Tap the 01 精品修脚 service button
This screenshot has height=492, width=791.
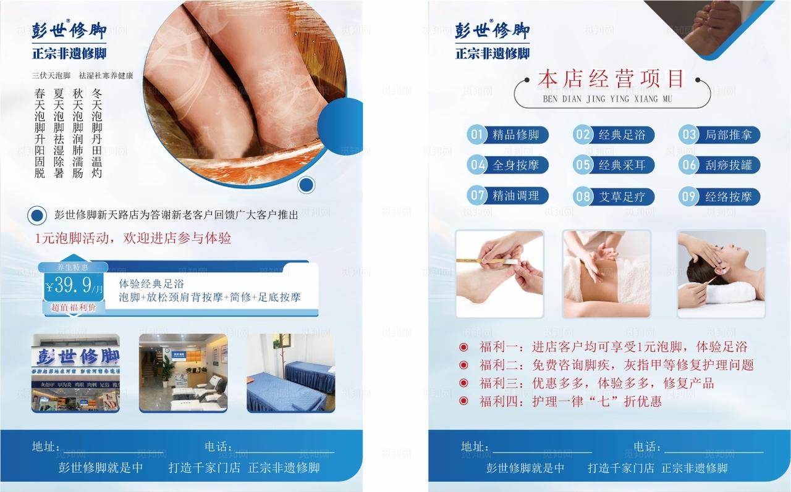507,135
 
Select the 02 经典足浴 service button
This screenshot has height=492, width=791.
614,135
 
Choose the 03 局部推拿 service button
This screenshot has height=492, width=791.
720,135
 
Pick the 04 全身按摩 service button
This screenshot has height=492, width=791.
507,165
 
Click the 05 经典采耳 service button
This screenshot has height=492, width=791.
614,165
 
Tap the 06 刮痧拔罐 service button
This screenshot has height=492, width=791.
720,165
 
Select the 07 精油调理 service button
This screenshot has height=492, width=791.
507,196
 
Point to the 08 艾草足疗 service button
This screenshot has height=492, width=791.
614,197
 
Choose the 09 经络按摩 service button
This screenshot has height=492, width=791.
720,197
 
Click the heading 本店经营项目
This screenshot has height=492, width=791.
611,80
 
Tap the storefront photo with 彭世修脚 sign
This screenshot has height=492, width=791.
76,373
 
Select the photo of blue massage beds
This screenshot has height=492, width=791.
290,373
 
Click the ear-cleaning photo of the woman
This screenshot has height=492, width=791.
721,273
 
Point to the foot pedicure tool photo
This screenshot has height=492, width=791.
499,273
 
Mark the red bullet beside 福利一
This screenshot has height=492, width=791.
463,348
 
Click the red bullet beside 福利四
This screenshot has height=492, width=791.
463,401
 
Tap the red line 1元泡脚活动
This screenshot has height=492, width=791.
133,238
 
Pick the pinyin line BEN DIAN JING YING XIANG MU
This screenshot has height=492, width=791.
607,99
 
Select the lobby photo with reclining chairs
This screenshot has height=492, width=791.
183,373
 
